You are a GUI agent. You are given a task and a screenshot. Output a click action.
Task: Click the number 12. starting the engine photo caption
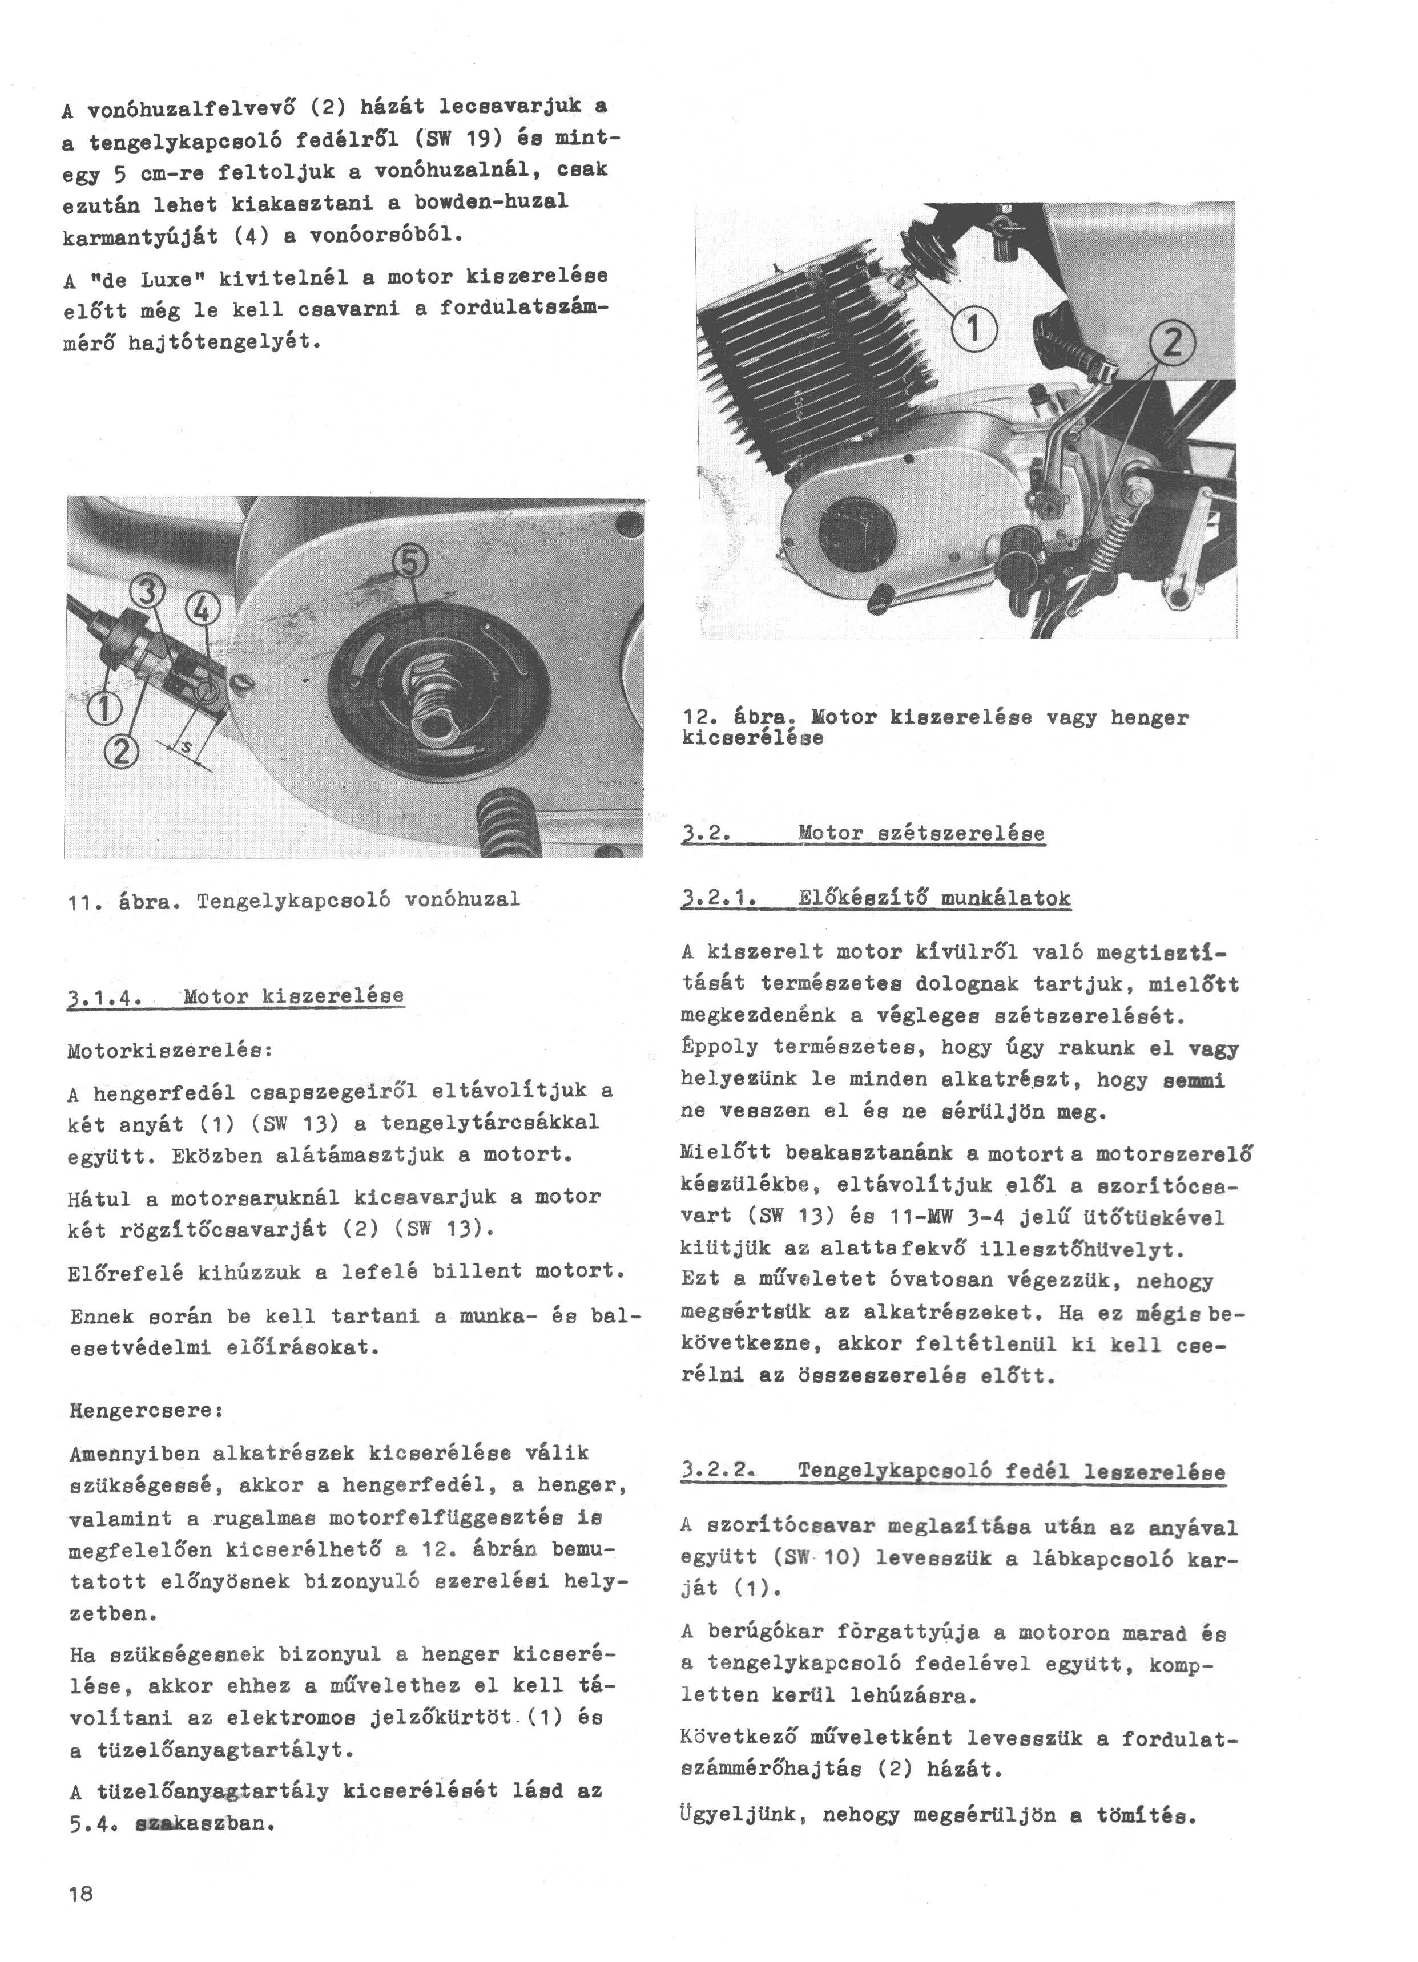click(698, 718)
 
